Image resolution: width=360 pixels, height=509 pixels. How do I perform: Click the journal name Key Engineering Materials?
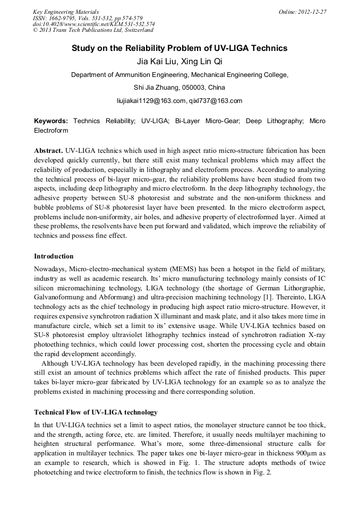(66, 12)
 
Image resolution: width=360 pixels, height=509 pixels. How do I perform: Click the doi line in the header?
(94, 24)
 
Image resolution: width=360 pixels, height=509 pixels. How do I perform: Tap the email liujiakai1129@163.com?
(151, 100)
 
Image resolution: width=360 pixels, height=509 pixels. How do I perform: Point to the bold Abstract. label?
(49, 150)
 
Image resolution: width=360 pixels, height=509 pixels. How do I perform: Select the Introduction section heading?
(54, 256)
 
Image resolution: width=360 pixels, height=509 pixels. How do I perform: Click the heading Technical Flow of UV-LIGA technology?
(96, 412)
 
